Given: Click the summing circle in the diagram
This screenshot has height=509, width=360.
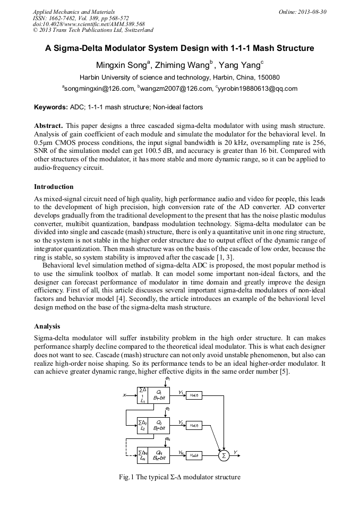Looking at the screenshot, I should tap(224, 455).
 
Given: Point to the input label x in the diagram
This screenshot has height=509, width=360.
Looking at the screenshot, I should tap(124, 395).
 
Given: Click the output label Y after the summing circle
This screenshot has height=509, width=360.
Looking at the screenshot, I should tap(236, 452).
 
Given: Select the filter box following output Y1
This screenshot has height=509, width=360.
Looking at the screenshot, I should tap(194, 395).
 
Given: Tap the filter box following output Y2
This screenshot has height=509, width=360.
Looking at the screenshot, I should tap(194, 425).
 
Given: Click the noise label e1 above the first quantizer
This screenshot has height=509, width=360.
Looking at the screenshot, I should tap(168, 379).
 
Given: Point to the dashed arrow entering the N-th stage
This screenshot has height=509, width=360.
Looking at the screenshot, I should tap(131, 455).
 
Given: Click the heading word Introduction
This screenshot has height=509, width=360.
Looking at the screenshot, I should tap(54, 187).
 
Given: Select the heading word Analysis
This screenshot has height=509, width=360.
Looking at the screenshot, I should tap(47, 326).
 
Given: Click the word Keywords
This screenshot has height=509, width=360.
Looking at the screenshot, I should tap(51, 107).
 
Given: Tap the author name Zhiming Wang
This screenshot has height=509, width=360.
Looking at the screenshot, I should tap(183, 65).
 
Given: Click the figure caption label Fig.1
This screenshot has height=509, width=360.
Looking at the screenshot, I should tap(126, 477).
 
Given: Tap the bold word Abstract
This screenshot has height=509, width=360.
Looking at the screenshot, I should tap(49, 125).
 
